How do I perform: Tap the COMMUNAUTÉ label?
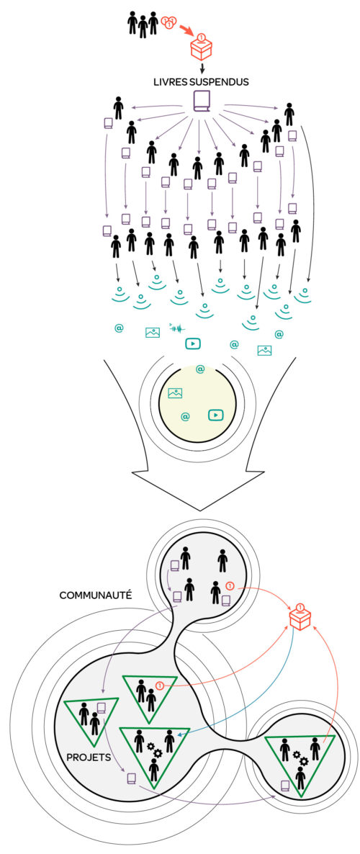pos(95,595)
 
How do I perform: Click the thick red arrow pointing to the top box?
pos(184,28)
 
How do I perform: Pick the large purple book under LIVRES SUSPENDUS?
pos(202,102)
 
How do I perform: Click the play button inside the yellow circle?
pos(216,415)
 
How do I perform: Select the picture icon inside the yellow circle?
pos(175,392)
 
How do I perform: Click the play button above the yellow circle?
pos(193,343)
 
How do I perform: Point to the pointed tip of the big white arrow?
pos(201,511)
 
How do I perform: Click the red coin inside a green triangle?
pos(160,686)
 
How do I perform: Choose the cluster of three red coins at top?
pos(168,22)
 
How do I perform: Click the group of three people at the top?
pos(143,24)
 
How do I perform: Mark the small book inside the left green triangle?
pos(101,709)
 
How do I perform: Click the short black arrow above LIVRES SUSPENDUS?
pos(202,68)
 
